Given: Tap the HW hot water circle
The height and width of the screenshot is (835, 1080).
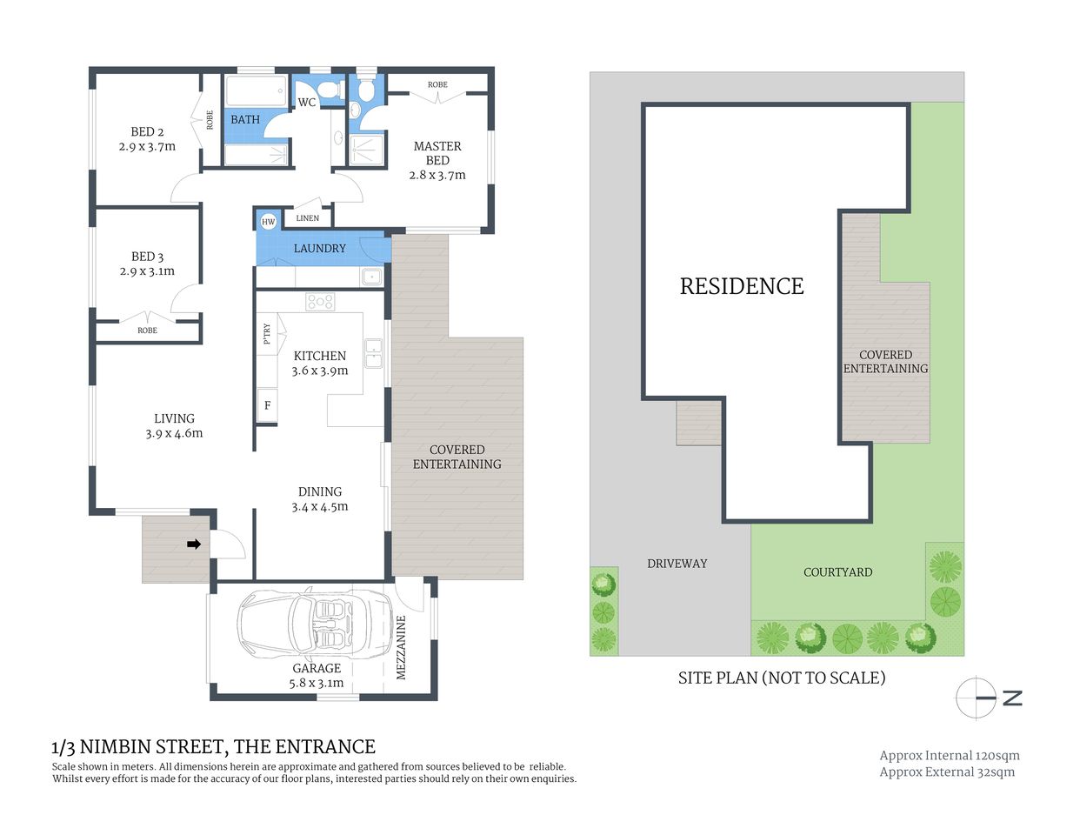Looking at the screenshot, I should coord(268,222).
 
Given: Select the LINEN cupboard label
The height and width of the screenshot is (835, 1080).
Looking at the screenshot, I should coord(307,218).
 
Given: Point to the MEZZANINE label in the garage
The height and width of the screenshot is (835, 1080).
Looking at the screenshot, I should coord(401,648).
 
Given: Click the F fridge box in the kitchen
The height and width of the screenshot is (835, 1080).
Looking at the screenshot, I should coord(267,405).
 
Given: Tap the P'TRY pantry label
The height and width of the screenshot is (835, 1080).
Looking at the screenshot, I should coord(267,334).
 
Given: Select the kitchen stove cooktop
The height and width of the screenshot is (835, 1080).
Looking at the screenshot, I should coord(320,302).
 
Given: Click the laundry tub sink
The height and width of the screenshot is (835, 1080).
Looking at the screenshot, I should coord(372,277).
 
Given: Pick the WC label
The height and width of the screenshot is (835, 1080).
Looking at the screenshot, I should coord(307,103).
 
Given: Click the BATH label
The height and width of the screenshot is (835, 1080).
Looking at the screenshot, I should coord(245,120).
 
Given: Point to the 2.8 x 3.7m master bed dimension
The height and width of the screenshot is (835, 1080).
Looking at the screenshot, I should coord(437,175).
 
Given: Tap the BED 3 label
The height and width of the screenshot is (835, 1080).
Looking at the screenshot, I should coord(147,257).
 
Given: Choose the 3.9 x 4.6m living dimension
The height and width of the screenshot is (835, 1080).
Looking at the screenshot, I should coord(174,433).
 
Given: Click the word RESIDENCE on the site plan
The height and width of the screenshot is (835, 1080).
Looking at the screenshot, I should coord(742,286).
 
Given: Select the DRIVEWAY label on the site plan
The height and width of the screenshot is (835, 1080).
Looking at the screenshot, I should coord(677,564).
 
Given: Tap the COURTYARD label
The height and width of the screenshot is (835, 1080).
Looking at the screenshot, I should coord(837,572).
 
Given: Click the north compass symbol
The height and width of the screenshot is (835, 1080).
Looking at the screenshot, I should coord(977,698).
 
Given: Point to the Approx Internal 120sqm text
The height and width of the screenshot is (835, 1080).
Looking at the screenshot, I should coord(950,756).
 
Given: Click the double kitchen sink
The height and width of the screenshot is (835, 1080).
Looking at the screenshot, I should coord(373,352).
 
